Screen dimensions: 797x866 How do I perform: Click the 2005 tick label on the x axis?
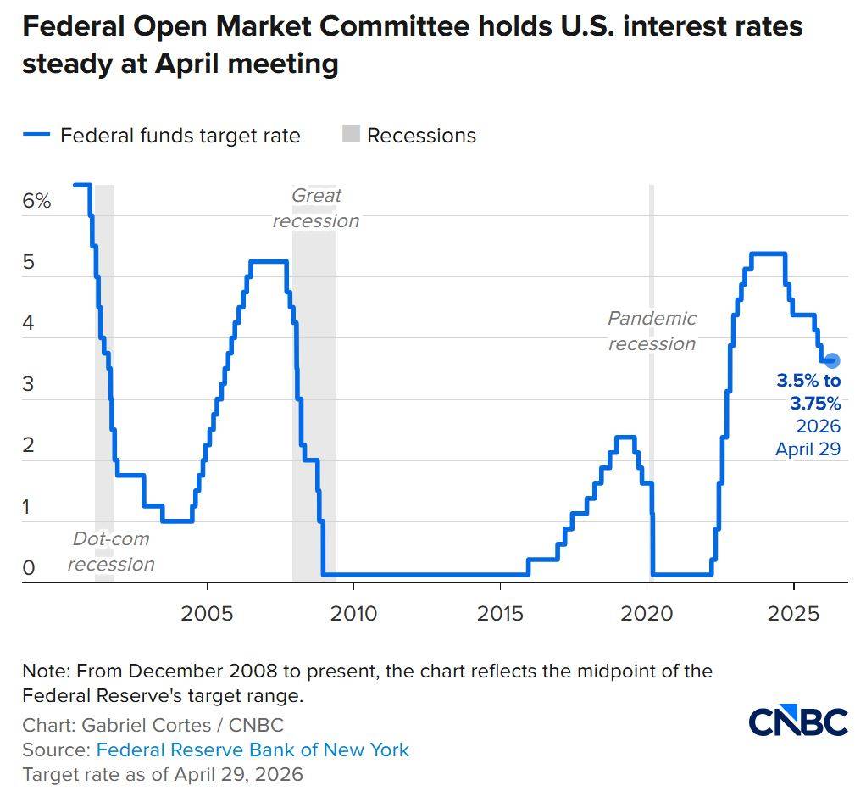point(207,613)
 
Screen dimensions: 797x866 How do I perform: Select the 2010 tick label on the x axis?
point(353,613)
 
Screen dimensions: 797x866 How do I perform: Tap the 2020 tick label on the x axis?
point(647,613)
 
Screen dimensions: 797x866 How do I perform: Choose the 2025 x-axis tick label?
point(794,613)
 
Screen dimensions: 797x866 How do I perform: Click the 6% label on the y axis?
point(37,202)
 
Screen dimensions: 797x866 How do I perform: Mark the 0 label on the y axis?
point(28,568)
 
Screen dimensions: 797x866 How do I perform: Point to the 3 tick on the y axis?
point(28,384)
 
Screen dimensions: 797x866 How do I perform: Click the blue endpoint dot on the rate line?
point(831,360)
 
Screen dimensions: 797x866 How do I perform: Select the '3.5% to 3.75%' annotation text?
point(808,392)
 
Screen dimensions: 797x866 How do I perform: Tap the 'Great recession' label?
point(316,208)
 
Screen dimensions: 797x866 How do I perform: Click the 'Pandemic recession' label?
point(652,331)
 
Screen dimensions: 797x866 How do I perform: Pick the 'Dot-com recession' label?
point(111,551)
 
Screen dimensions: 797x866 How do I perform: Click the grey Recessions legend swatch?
point(351,134)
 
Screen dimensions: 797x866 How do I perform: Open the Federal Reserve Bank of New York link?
point(253,750)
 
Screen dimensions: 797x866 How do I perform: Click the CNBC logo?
point(798,722)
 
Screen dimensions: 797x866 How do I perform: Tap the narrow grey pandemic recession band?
point(651,382)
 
